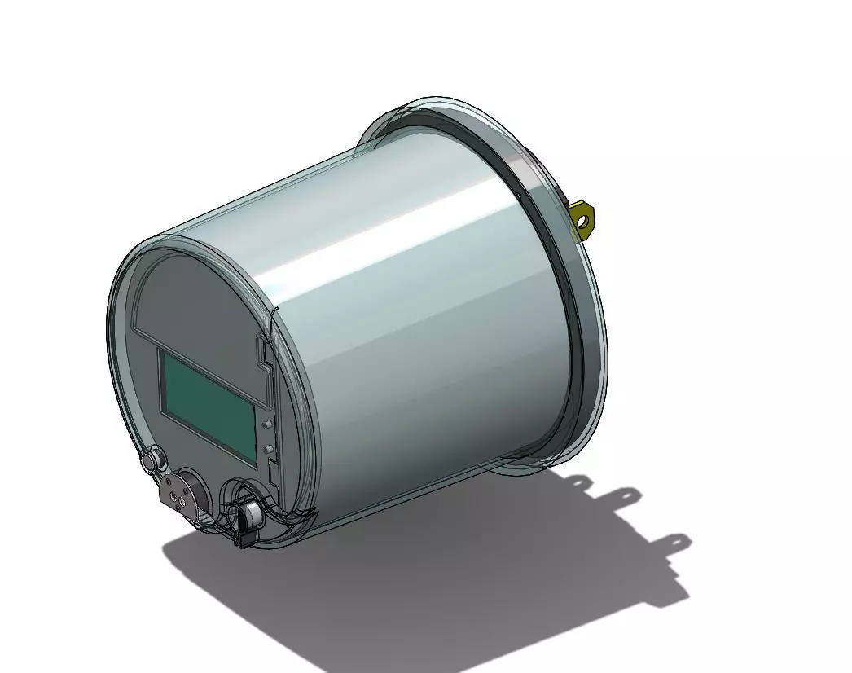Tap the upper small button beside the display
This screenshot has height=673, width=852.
click(267, 424)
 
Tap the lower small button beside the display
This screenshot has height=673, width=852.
click(267, 449)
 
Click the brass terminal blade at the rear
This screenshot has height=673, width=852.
click(584, 218)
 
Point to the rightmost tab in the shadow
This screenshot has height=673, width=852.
click(678, 541)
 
